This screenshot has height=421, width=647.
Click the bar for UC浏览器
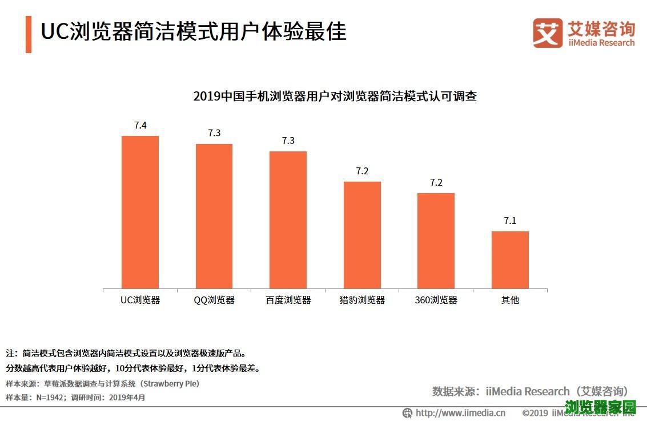coord(140,212)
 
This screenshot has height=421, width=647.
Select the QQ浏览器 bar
coord(214,216)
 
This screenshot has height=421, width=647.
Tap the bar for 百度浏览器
coord(288,220)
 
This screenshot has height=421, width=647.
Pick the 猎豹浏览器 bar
coord(362,235)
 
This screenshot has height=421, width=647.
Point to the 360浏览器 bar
coord(436,240)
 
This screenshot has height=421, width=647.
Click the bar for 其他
coord(510,260)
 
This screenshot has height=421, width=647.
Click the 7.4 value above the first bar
coord(140,126)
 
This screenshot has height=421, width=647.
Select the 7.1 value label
coord(510,220)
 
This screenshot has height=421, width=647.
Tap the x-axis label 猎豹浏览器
coord(362,300)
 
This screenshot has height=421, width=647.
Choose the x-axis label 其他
coord(510,300)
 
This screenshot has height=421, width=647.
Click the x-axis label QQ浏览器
coord(214,300)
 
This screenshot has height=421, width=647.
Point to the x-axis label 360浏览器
coord(436,300)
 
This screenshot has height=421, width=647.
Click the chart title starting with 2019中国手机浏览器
coord(335,97)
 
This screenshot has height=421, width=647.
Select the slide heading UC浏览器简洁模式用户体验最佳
coord(194,31)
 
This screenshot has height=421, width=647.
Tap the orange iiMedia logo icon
coord(548,33)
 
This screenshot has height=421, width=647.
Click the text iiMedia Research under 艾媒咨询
coord(601,43)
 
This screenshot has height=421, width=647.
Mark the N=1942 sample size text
coord(50,397)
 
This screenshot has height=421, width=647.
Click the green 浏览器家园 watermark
coord(600,407)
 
